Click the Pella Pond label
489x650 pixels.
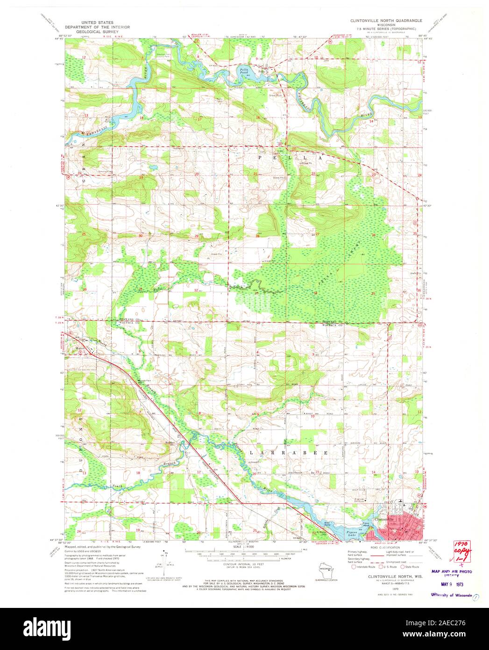[x=241, y=71]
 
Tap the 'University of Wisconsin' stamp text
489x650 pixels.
[x=451, y=595]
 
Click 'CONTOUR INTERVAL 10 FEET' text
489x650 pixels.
[x=244, y=565]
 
